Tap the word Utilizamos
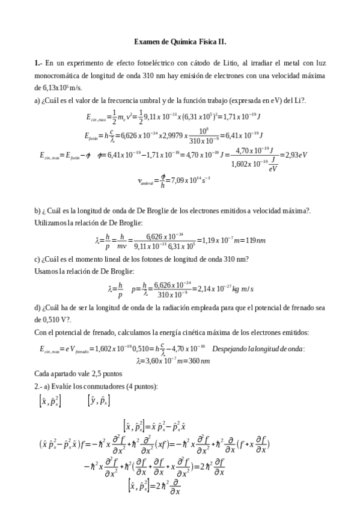[x=50, y=223]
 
